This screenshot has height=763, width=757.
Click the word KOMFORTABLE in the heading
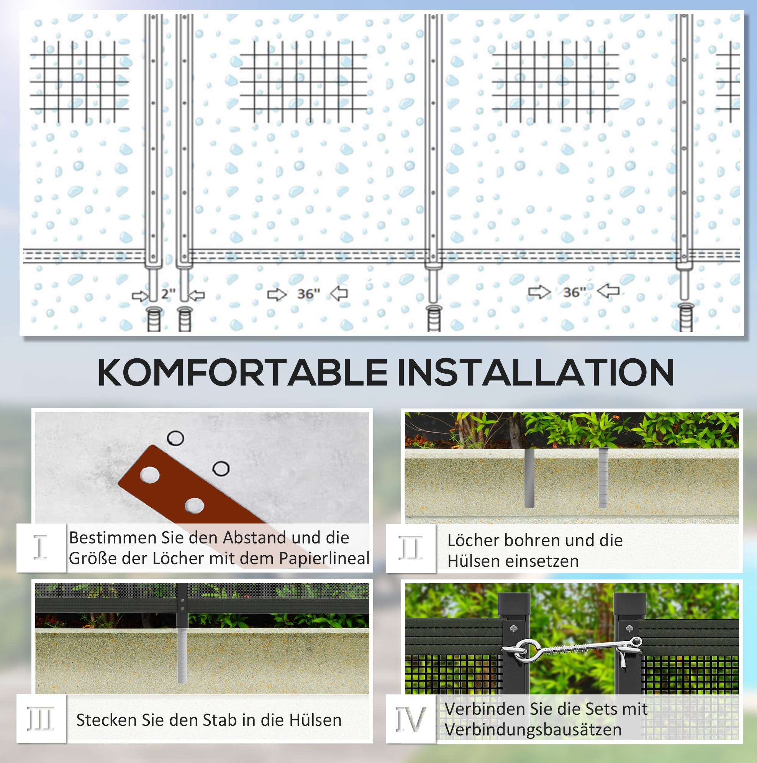point(243,372)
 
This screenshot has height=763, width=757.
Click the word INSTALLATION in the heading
point(536,372)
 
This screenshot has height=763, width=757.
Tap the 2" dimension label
point(168,294)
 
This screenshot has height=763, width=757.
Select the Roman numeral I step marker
point(40,547)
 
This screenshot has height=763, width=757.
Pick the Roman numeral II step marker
point(411,548)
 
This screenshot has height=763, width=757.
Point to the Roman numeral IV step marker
point(411,719)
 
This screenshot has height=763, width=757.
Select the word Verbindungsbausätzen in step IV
point(533,729)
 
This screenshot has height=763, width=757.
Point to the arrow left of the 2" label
point(140,296)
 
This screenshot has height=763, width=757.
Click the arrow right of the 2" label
point(196,295)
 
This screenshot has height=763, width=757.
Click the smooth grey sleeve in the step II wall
point(529,477)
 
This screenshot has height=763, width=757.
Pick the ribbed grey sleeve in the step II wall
point(603,477)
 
